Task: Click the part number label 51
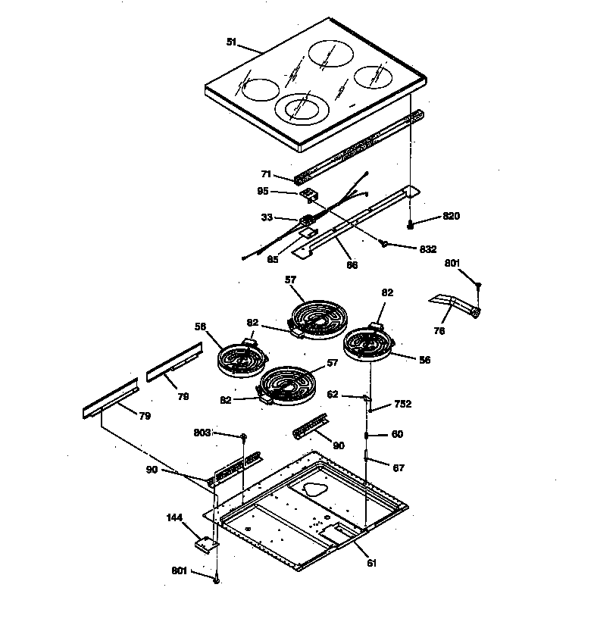pyautogui.click(x=231, y=42)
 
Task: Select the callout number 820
pyautogui.click(x=452, y=216)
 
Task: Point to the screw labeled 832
pyautogui.click(x=385, y=244)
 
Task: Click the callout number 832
pyautogui.click(x=427, y=248)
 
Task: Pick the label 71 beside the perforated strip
pyautogui.click(x=265, y=174)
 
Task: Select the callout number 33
pyautogui.click(x=266, y=218)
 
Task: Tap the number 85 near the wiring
pyautogui.click(x=273, y=259)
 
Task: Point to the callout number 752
pyautogui.click(x=402, y=405)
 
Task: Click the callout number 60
pyautogui.click(x=397, y=435)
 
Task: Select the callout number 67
pyautogui.click(x=398, y=467)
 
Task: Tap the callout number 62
pyautogui.click(x=333, y=394)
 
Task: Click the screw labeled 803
pyautogui.click(x=244, y=437)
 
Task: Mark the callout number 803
pyautogui.click(x=202, y=433)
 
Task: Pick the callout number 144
pyautogui.click(x=175, y=518)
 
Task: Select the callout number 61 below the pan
pyautogui.click(x=371, y=563)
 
